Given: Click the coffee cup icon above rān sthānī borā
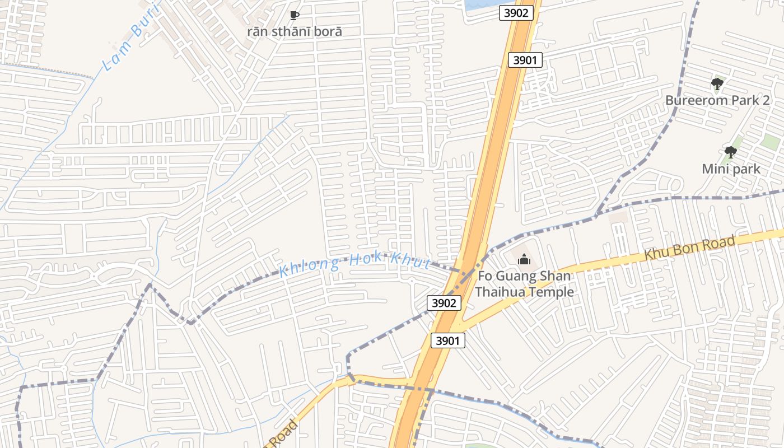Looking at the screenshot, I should click(294, 16).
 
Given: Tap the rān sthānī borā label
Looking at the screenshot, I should click(294, 31).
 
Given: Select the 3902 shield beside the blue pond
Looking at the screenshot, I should click(516, 13).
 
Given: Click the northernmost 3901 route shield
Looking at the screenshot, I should click(525, 59).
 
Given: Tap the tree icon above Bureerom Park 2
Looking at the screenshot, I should click(717, 85).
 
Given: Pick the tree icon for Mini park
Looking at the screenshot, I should click(730, 152).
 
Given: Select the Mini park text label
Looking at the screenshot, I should click(731, 169).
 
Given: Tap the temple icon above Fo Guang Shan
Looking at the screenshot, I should click(524, 259).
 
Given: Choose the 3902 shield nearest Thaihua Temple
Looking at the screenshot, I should click(444, 303).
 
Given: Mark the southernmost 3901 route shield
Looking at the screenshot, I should click(448, 340).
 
